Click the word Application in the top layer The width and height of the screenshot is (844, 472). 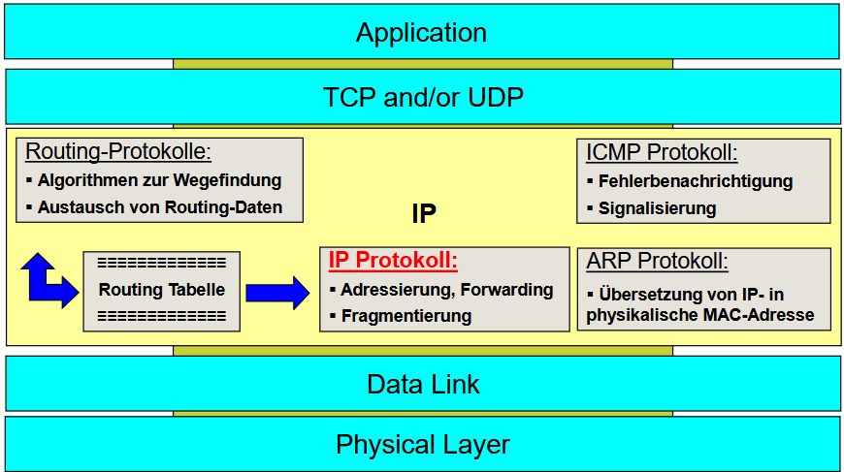pyautogui.click(x=421, y=33)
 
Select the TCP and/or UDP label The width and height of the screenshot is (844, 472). pyautogui.click(x=423, y=97)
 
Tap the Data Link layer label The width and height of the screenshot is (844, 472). pyautogui.click(x=423, y=385)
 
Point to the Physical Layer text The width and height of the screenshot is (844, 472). pyautogui.click(x=423, y=445)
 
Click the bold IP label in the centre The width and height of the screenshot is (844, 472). pyautogui.click(x=424, y=213)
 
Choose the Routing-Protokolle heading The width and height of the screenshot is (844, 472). pyautogui.click(x=118, y=151)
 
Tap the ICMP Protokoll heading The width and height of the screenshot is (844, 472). pyautogui.click(x=662, y=153)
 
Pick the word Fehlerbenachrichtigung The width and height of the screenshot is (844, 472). pyautogui.click(x=696, y=181)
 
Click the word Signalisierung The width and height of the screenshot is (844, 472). pyautogui.click(x=657, y=208)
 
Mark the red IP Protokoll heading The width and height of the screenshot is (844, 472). pyautogui.click(x=393, y=260)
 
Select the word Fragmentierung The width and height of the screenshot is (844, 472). pyautogui.click(x=406, y=316)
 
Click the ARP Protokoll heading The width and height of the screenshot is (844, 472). pyautogui.click(x=657, y=262)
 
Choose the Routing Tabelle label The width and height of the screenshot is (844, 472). pyautogui.click(x=161, y=290)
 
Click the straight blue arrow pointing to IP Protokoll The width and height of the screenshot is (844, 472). pyautogui.click(x=277, y=293)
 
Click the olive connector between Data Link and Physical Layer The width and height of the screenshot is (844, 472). pyautogui.click(x=423, y=414)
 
